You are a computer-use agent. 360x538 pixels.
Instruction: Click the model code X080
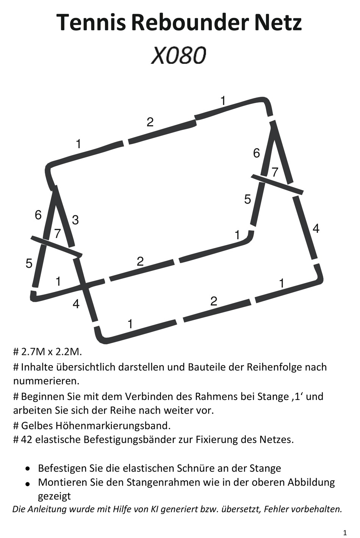click(x=179, y=55)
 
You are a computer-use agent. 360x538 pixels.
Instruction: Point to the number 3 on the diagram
click(x=75, y=220)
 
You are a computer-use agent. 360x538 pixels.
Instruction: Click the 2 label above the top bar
click(x=150, y=122)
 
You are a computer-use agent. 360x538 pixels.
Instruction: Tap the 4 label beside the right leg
click(x=316, y=228)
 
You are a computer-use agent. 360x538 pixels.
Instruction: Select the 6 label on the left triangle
click(x=38, y=215)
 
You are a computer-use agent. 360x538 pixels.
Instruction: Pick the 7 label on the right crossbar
click(x=275, y=172)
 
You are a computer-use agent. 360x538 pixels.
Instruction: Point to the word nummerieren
click(x=46, y=381)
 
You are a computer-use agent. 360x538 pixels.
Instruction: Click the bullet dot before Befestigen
click(x=28, y=468)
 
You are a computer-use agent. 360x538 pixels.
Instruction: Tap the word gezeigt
click(x=55, y=497)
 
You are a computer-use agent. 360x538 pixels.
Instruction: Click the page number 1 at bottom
click(x=345, y=533)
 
